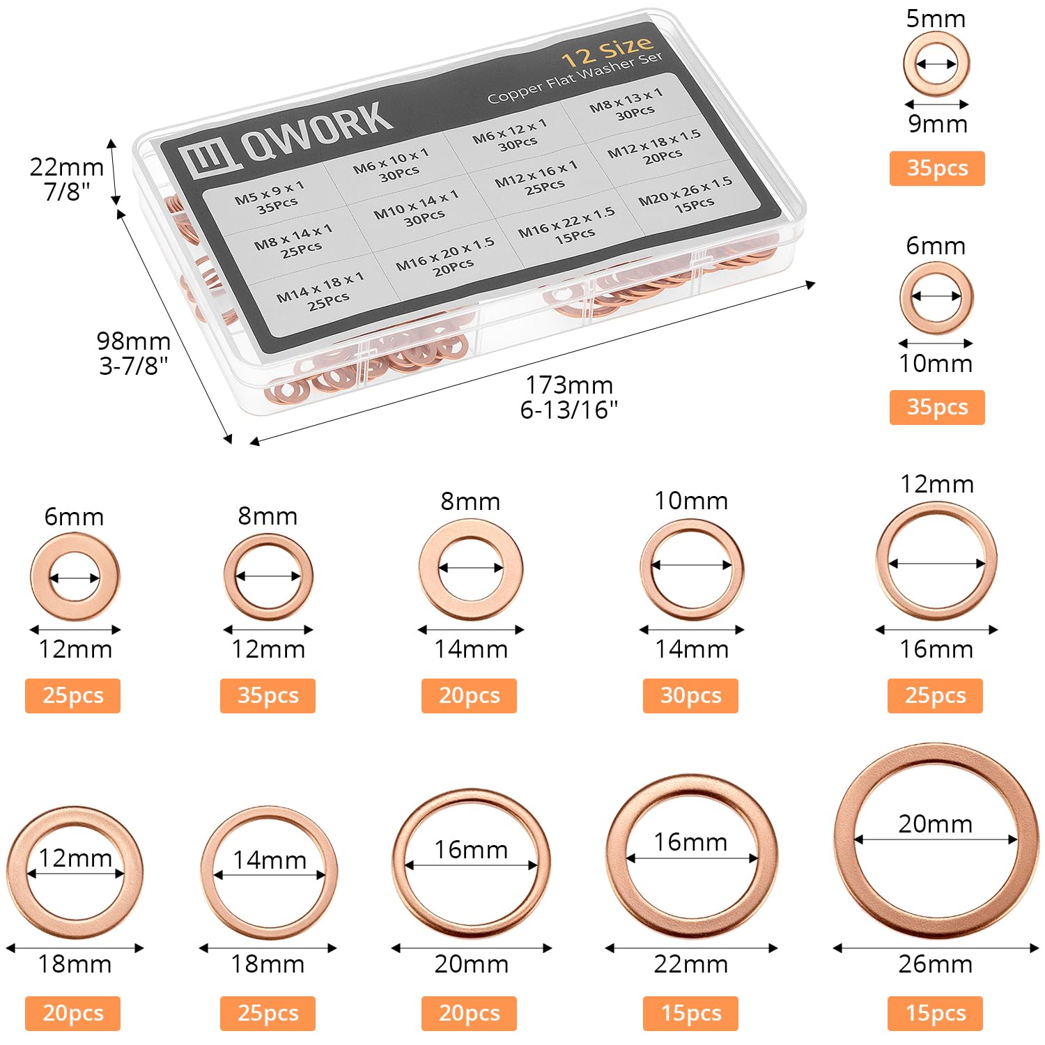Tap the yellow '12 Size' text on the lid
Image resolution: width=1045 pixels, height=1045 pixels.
tap(607, 51)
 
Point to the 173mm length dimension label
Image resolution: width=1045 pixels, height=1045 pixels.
tap(569, 385)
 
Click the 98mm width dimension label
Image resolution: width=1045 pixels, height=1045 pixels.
tap(134, 341)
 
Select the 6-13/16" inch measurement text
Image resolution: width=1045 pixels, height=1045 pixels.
tap(569, 410)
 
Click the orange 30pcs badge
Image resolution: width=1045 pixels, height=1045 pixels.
tap(690, 695)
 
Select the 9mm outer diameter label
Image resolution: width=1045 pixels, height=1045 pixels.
tap(938, 124)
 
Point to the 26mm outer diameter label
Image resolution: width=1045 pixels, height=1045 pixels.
tap(935, 964)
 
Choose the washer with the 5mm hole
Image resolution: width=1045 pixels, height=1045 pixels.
tap(936, 40)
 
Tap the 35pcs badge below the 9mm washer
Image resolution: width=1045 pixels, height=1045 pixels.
tap(937, 169)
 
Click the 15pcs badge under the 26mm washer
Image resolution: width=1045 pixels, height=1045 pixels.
tap(935, 1013)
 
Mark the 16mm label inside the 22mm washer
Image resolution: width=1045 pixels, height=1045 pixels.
tap(690, 842)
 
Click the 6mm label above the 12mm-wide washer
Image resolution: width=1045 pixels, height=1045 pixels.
tap(74, 517)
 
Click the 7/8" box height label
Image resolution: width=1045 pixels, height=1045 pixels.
tap(67, 192)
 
